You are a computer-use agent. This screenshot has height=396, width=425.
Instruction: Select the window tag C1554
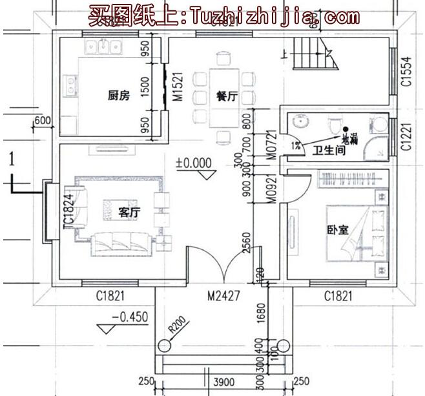406,72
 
